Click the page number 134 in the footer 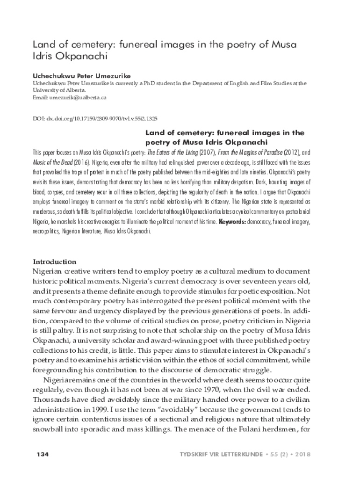click(x=43, y=455)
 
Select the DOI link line click(x=94, y=119)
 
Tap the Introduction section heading click(x=54, y=262)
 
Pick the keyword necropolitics click(x=48, y=231)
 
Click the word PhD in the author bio click(x=170, y=83)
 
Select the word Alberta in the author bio click(x=74, y=90)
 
